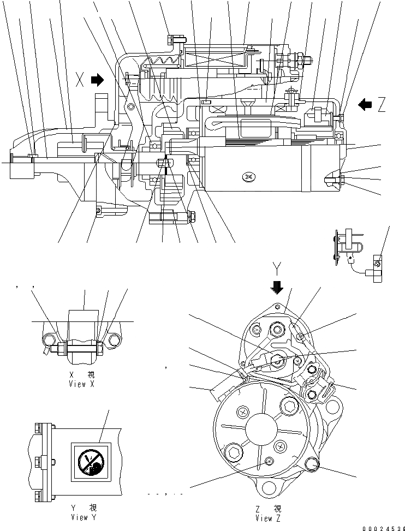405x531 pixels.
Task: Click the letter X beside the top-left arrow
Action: (x=80, y=81)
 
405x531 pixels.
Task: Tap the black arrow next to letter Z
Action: (x=365, y=104)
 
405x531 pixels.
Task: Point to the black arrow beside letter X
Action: (x=97, y=80)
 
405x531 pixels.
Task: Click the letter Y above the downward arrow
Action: (x=277, y=267)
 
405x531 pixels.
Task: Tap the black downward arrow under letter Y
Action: (x=277, y=287)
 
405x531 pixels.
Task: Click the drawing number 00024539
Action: (x=382, y=527)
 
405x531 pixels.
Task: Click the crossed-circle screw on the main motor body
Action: (x=249, y=177)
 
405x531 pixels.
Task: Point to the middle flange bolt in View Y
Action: (x=39, y=463)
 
